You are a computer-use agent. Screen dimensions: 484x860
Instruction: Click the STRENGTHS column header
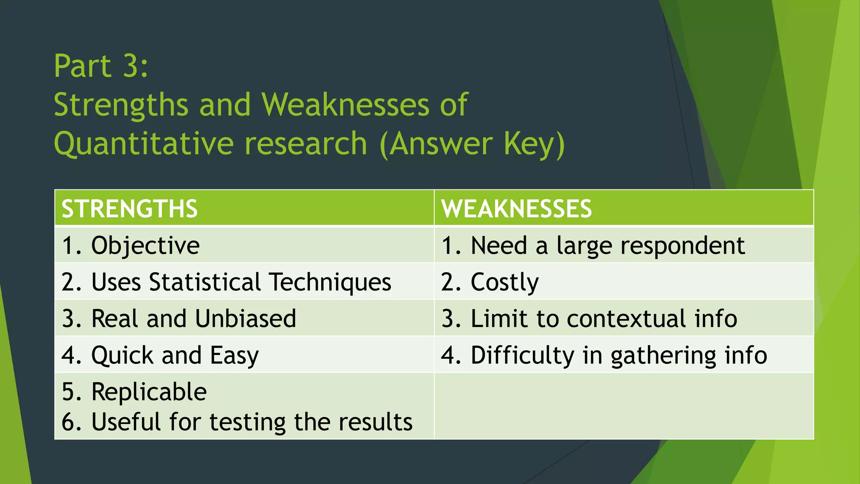coord(129,209)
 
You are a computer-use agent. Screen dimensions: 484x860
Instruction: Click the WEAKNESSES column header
coord(516,209)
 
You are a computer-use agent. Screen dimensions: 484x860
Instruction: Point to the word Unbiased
coord(245,318)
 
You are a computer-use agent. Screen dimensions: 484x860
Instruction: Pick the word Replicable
coord(149,392)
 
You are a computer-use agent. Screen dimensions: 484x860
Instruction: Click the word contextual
coord(626,318)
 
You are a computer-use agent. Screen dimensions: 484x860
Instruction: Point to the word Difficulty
coord(522,355)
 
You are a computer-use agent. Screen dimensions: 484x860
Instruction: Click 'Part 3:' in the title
coord(101,66)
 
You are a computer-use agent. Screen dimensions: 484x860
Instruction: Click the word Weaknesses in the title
coord(345,105)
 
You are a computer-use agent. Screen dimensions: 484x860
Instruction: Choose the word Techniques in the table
coord(330,282)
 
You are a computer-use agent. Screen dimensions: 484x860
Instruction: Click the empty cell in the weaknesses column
coord(624,406)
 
